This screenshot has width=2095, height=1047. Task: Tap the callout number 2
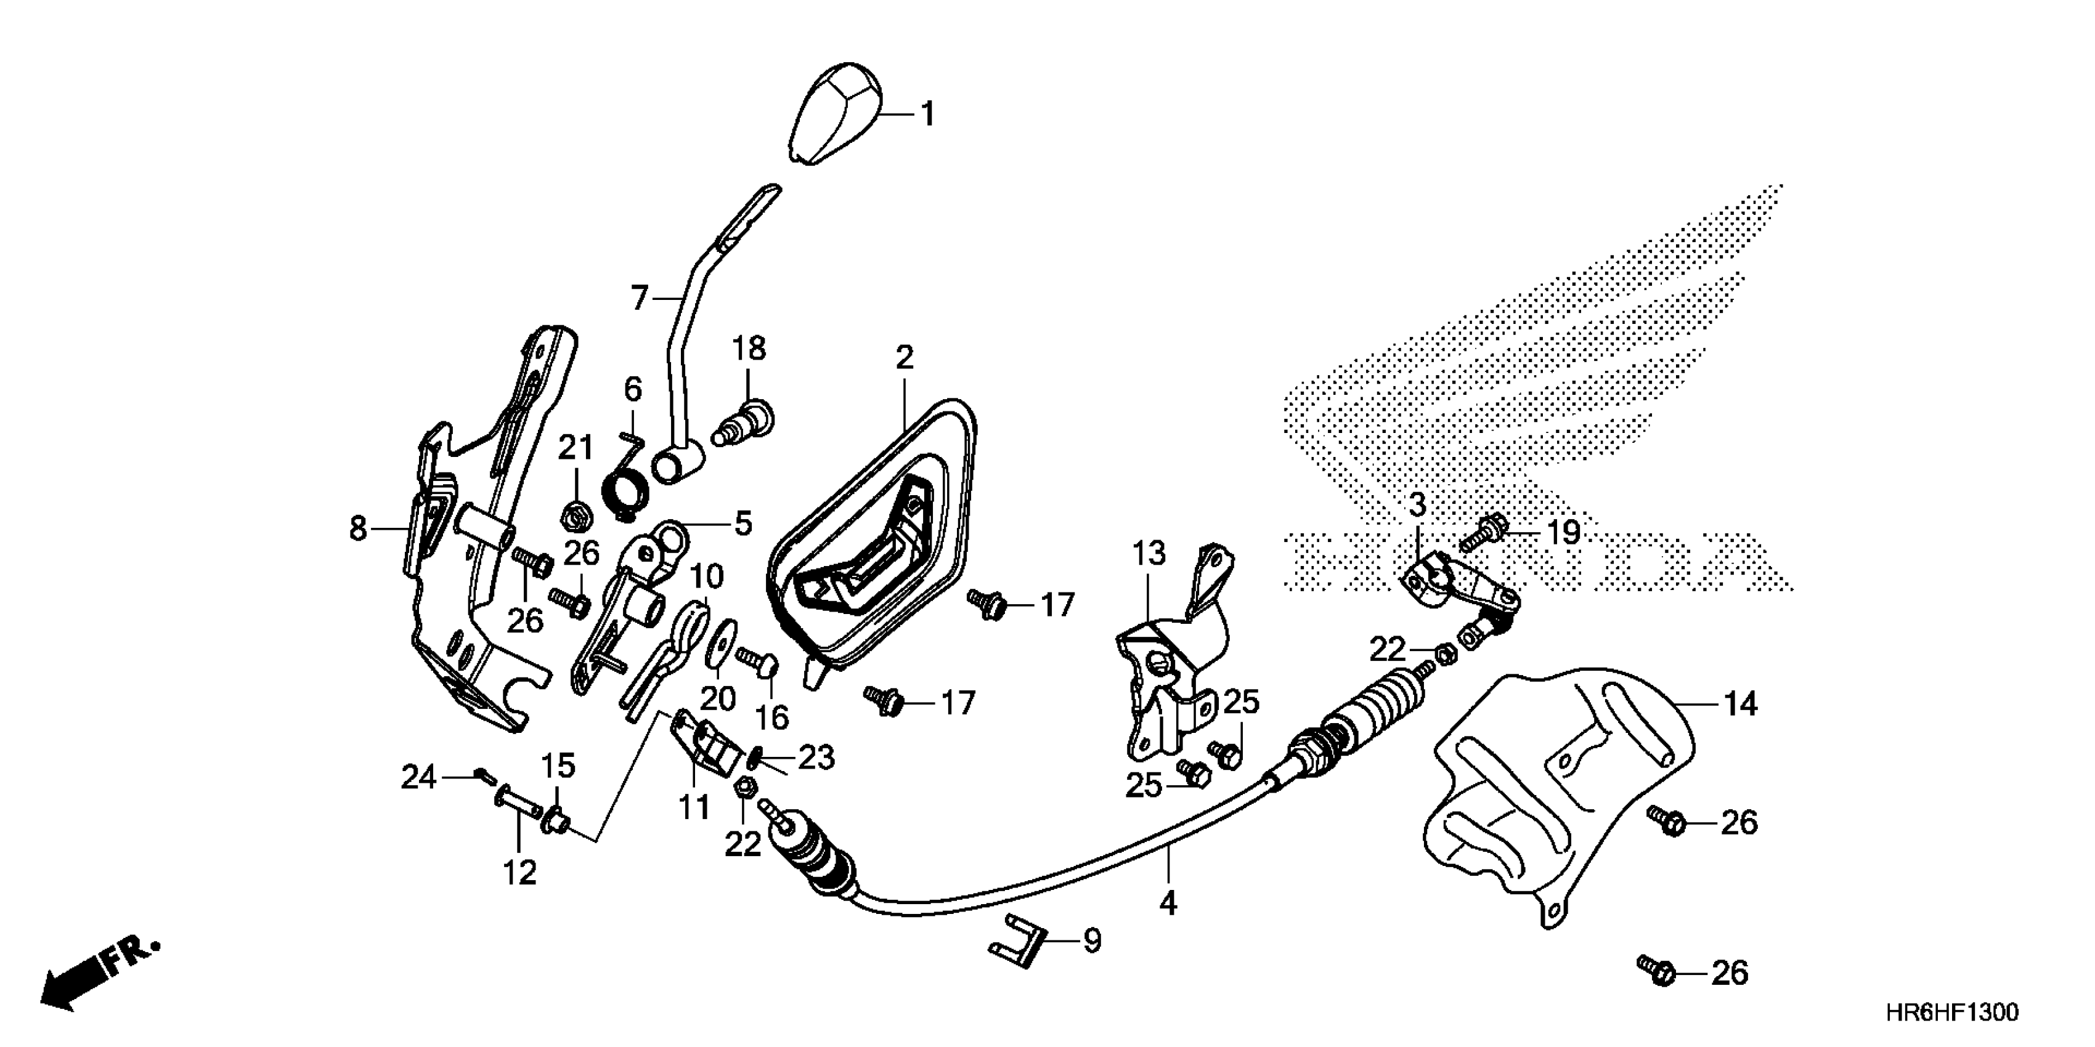[x=905, y=358]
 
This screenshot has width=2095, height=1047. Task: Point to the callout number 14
[x=1741, y=704]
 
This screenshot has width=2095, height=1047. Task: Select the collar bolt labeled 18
[x=747, y=422]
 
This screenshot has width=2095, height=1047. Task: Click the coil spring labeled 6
[x=628, y=488]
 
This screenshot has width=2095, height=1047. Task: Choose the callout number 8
[x=358, y=529]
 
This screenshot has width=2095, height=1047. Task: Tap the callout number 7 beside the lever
[x=639, y=299]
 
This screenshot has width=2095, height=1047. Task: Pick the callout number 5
[x=742, y=524]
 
